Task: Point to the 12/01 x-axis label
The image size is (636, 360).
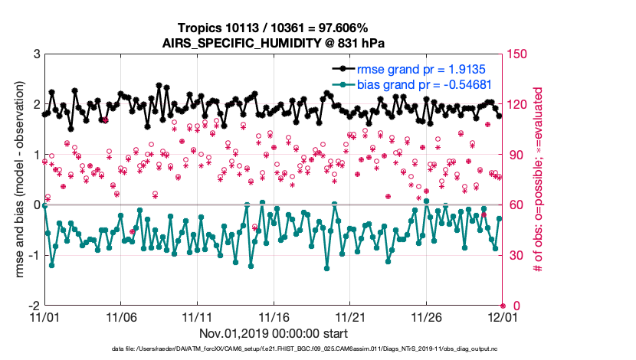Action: pos(503,316)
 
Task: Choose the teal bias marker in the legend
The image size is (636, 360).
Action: pos(341,84)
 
